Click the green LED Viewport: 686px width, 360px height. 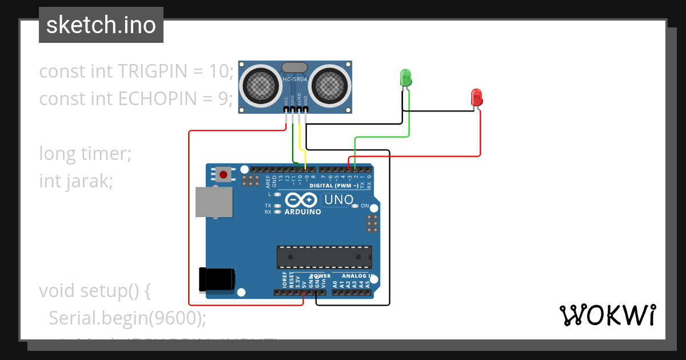406,78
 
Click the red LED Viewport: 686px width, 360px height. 476,97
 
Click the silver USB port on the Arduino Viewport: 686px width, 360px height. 214,202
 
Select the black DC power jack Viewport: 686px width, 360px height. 216,279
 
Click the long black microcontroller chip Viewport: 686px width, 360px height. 324,257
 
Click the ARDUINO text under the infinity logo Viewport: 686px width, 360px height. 302,211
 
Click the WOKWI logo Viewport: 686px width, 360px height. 607,315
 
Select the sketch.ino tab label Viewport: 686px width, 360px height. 101,25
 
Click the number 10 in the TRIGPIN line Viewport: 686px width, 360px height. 218,71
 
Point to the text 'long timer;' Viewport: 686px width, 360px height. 85,154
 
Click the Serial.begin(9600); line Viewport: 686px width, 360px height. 127,318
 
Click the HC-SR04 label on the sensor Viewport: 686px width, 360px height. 295,79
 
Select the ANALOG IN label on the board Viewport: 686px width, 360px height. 358,276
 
